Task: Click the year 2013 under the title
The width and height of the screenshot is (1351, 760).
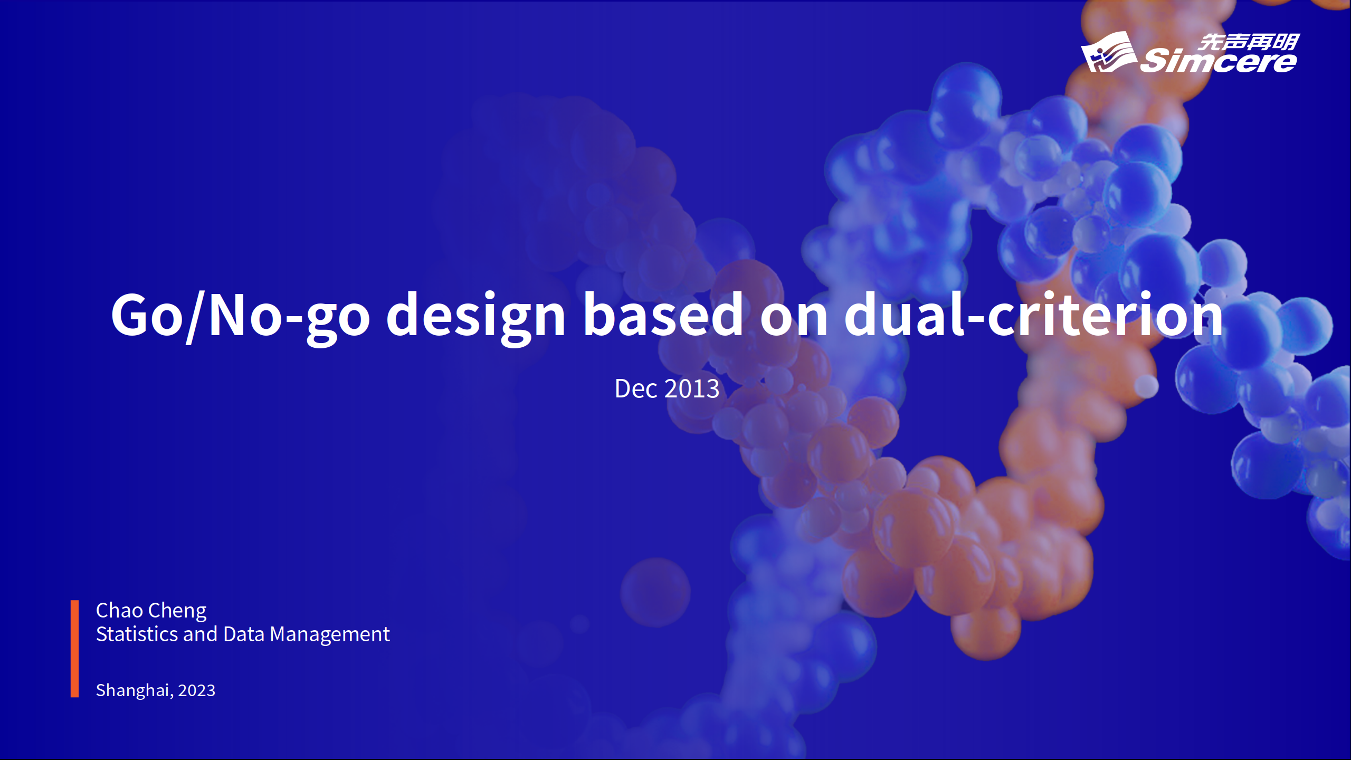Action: (692, 389)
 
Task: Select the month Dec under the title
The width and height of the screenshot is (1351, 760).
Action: (636, 389)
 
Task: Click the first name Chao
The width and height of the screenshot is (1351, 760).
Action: (119, 611)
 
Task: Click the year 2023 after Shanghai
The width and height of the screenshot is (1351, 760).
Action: (197, 690)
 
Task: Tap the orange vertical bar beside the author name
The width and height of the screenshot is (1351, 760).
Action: (75, 649)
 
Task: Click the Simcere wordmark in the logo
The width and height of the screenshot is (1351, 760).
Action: (1219, 61)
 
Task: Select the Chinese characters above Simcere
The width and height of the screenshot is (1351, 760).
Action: (1249, 42)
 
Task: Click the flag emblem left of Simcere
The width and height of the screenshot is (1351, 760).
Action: (1109, 52)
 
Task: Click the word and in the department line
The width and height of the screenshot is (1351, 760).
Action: (201, 634)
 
